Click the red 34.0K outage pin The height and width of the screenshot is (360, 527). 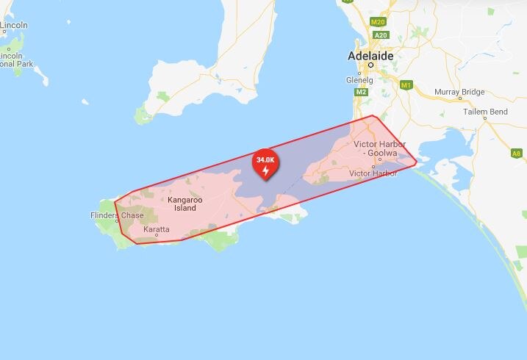click(x=265, y=165)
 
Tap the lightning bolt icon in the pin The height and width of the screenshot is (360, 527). click(x=265, y=170)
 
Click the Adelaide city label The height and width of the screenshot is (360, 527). click(x=370, y=56)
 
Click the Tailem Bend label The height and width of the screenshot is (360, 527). click(x=485, y=112)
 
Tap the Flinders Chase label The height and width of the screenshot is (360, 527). click(x=118, y=215)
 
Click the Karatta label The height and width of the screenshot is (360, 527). click(x=157, y=229)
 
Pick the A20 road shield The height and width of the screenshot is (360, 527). click(x=380, y=35)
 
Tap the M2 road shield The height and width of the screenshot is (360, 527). click(x=361, y=92)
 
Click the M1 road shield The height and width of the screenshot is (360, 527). click(x=406, y=85)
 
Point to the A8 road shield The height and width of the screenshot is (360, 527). click(x=517, y=154)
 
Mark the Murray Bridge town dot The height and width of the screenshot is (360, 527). click(x=460, y=98)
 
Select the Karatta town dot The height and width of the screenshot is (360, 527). click(x=156, y=236)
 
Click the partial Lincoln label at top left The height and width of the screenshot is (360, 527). click(x=13, y=26)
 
